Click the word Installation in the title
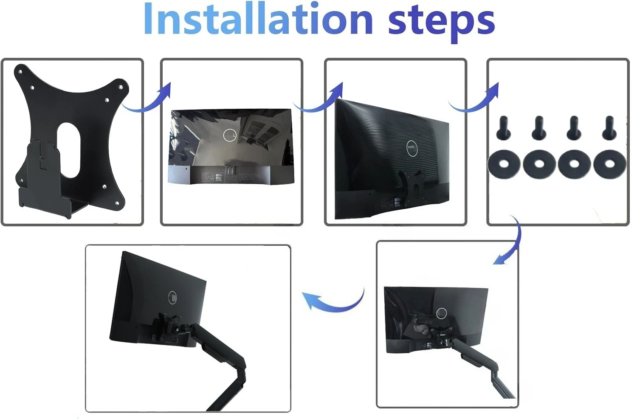[258, 19]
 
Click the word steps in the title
[442, 21]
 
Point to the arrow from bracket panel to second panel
[149, 100]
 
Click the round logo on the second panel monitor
[230, 135]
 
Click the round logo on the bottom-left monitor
[174, 297]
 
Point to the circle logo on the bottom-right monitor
[442, 314]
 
